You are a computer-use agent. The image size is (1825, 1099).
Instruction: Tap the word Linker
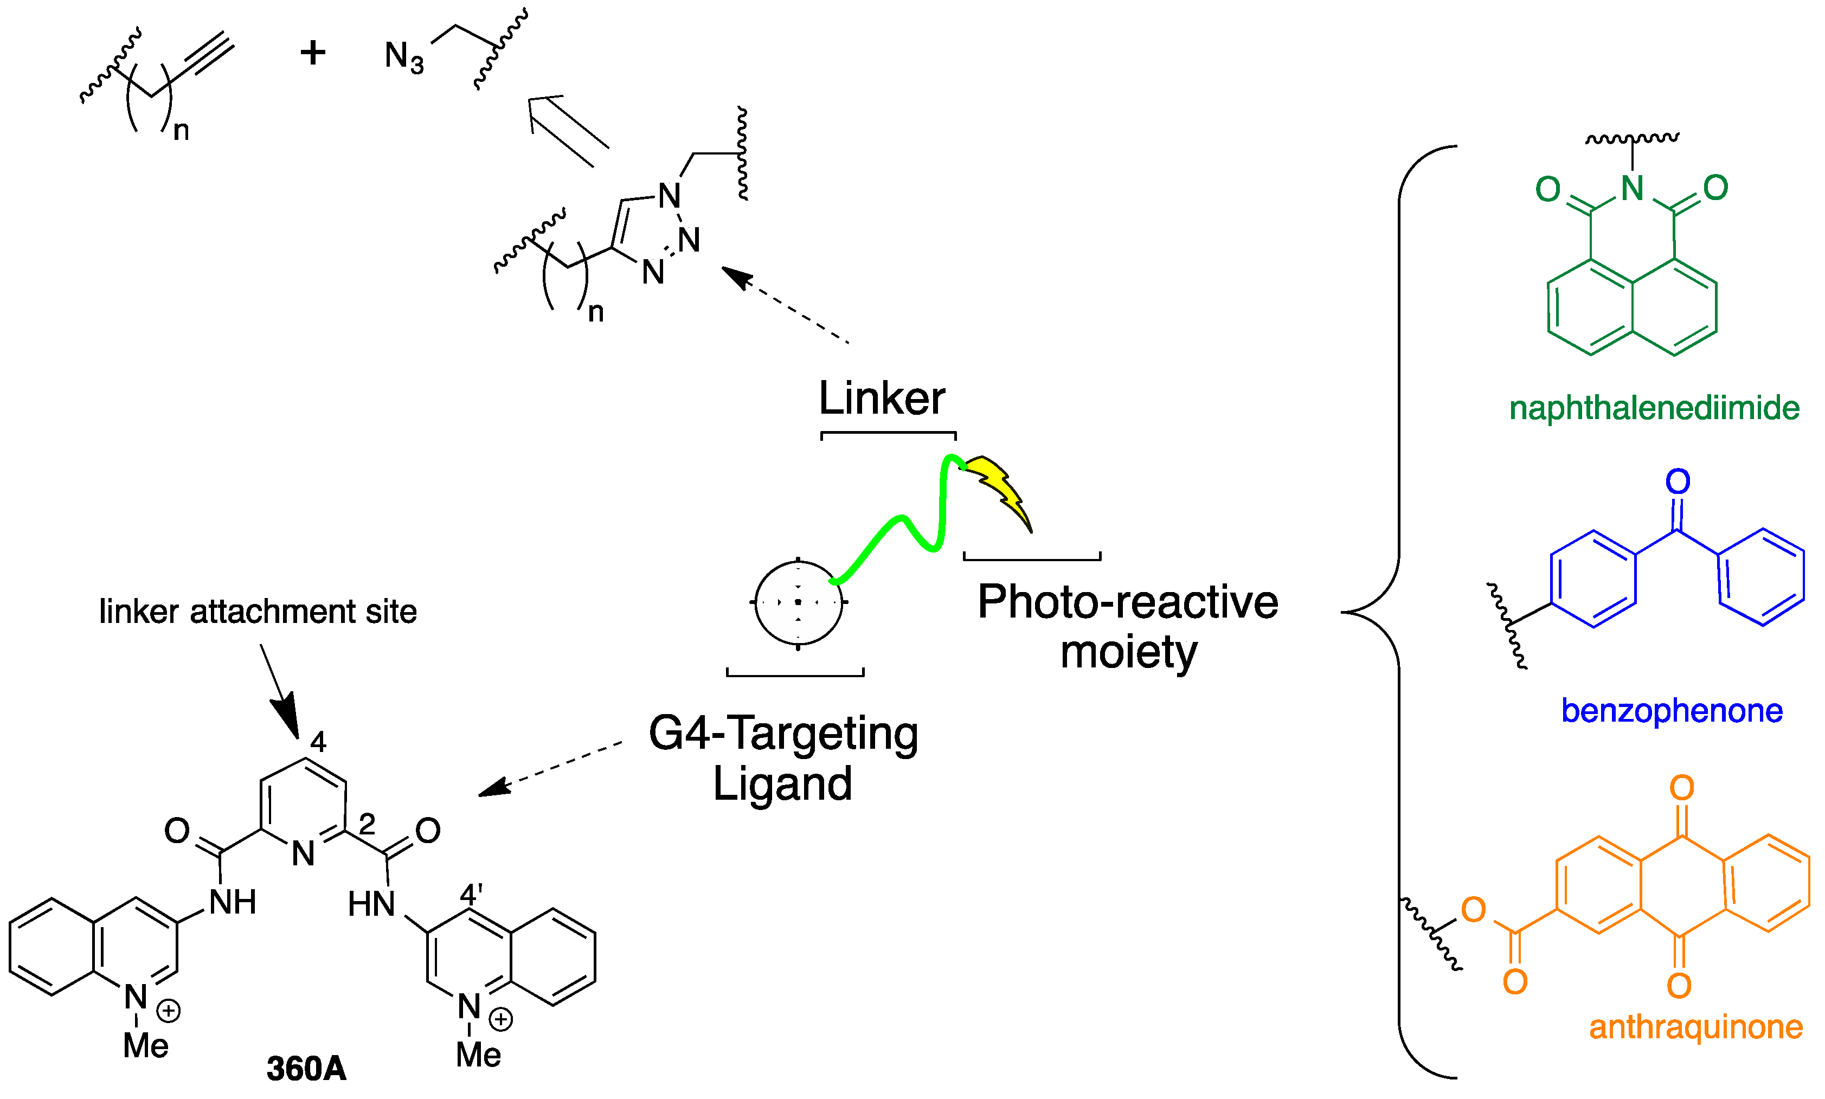tap(881, 399)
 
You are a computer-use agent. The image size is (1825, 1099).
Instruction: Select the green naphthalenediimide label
tap(1654, 408)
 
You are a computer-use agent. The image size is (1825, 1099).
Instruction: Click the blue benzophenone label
tap(1671, 710)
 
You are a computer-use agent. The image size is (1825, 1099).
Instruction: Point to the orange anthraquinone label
tap(1695, 1027)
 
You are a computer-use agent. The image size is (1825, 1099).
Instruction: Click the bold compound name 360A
tap(306, 1069)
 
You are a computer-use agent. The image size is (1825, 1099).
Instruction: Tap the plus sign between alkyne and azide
tap(312, 53)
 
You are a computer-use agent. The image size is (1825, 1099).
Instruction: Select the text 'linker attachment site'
tap(258, 612)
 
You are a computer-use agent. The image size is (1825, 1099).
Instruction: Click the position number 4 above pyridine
tap(318, 741)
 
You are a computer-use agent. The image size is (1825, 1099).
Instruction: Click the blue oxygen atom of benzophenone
tap(1678, 481)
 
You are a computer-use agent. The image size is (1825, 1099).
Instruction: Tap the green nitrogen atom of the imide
tap(1632, 188)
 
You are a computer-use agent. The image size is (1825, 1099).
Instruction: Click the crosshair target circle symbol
tap(798, 602)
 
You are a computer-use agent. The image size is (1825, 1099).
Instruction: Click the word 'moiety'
tap(1128, 652)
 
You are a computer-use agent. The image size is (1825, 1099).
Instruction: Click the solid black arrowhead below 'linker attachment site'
tap(286, 714)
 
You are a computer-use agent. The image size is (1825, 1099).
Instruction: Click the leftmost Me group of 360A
tap(145, 1046)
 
